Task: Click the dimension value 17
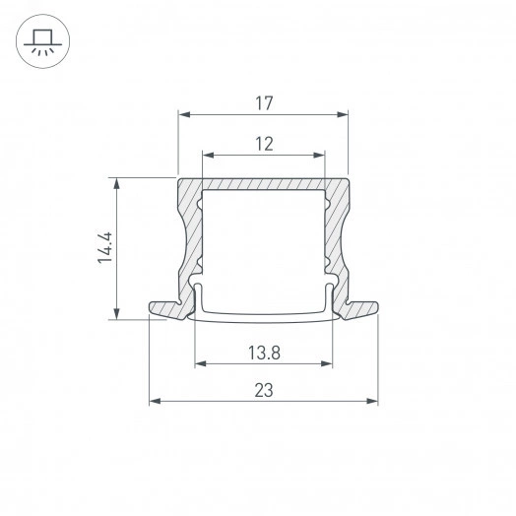click(x=263, y=101)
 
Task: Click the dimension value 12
click(x=263, y=142)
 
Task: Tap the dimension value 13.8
click(x=263, y=351)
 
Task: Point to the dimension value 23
click(x=263, y=390)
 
